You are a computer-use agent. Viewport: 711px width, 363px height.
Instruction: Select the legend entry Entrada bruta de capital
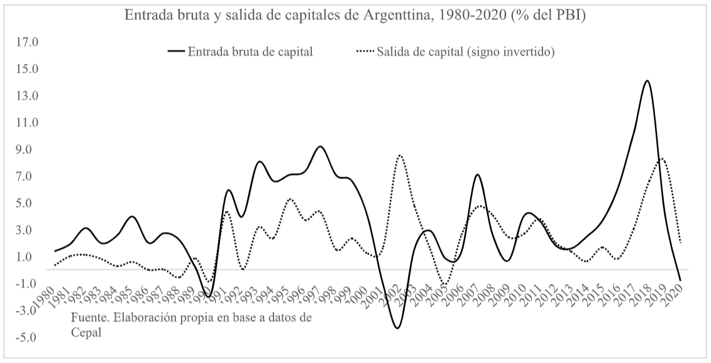click(250, 52)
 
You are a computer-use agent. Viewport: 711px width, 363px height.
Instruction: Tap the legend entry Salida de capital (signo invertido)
click(465, 52)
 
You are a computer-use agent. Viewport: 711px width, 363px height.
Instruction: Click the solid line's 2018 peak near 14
click(647, 81)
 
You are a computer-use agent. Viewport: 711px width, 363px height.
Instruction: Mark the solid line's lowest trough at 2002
click(397, 328)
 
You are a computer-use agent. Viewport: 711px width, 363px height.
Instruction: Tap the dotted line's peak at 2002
click(399, 155)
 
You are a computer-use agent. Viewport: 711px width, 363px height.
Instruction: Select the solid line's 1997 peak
click(320, 147)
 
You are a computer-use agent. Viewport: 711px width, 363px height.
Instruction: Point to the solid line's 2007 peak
click(477, 175)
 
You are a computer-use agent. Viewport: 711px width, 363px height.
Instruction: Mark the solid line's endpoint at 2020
click(680, 280)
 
